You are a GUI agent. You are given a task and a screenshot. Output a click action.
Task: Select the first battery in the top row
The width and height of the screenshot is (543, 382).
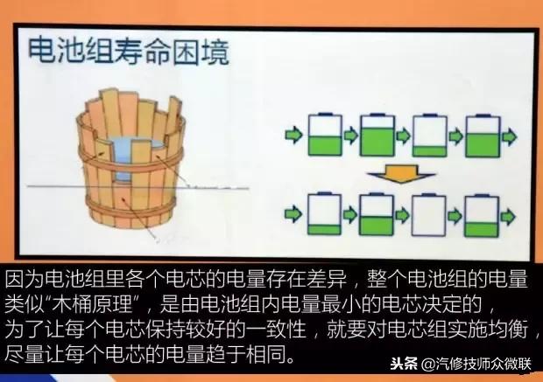pyautogui.click(x=322, y=135)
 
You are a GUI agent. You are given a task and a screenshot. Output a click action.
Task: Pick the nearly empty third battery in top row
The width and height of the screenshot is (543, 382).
pyautogui.click(x=429, y=135)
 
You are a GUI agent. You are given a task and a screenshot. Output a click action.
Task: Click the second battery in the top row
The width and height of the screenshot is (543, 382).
pyautogui.click(x=377, y=135)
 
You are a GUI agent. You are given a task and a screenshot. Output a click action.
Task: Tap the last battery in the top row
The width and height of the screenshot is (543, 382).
pyautogui.click(x=483, y=135)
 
